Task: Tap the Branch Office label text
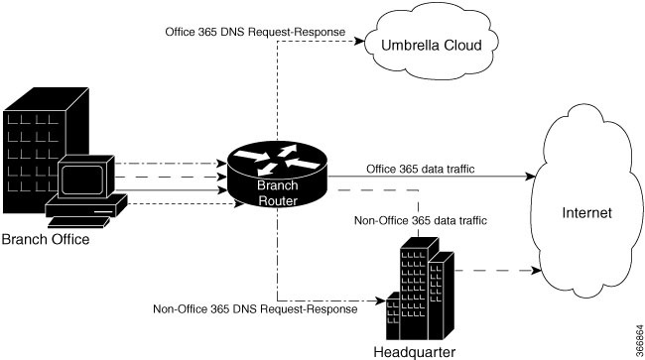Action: point(46,239)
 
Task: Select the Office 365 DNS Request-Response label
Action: point(255,33)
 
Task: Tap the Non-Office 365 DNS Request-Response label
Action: point(255,309)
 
